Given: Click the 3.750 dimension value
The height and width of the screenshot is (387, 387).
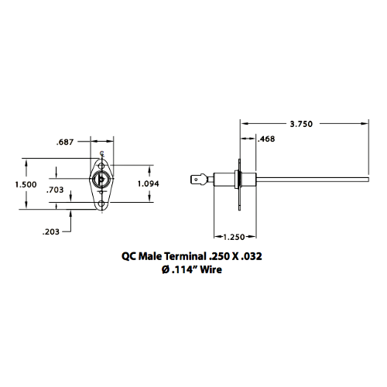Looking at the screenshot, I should click(300, 123).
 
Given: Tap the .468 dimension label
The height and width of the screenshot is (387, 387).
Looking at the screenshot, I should click(265, 139).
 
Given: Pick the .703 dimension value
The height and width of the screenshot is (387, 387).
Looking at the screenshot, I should click(56, 190).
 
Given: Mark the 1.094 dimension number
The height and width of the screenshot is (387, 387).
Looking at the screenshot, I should click(149, 183).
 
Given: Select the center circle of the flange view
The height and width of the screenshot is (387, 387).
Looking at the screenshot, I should click(102, 179).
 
